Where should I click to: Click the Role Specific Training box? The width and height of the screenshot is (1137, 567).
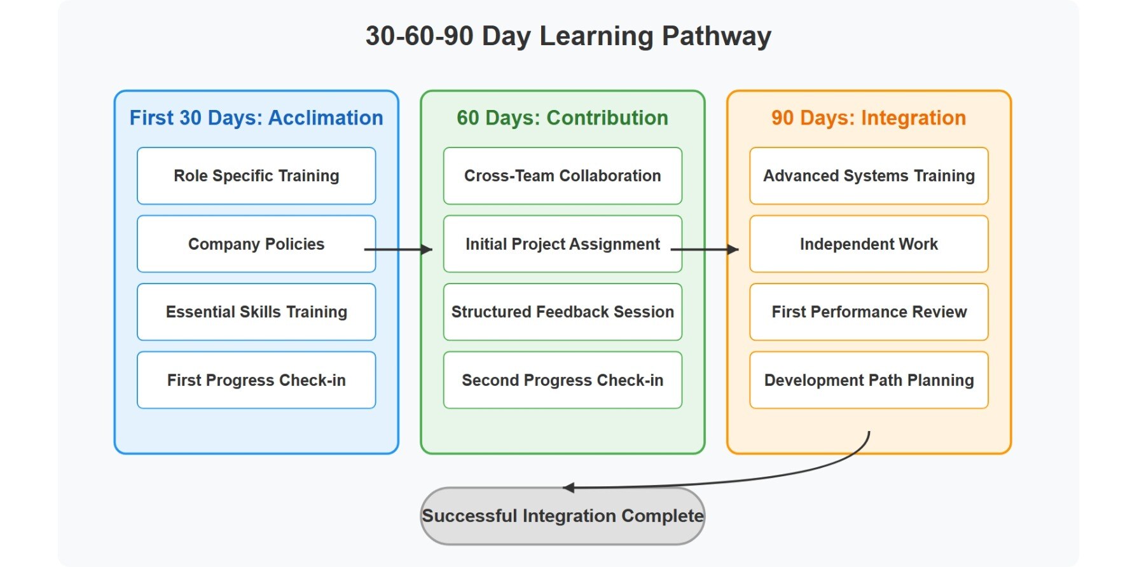click(x=256, y=176)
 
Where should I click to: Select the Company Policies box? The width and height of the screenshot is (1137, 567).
click(x=256, y=244)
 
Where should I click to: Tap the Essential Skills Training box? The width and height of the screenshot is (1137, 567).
click(x=256, y=312)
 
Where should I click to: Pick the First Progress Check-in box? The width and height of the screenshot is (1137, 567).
click(x=256, y=380)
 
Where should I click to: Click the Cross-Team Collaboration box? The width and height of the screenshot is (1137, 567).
click(x=562, y=176)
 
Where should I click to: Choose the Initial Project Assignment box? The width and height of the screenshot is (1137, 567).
click(x=562, y=244)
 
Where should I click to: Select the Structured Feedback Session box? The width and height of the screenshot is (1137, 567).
click(x=562, y=312)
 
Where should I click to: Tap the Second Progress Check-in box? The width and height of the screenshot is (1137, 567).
click(x=562, y=380)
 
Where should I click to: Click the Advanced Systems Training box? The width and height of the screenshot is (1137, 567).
click(x=869, y=176)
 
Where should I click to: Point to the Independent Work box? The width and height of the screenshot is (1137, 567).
click(x=869, y=244)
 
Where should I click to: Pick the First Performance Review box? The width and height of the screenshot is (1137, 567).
click(x=869, y=312)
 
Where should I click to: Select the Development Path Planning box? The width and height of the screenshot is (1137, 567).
click(x=869, y=380)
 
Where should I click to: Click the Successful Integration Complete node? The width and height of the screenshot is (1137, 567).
click(x=562, y=516)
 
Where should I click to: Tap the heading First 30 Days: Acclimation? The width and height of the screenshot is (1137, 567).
click(x=256, y=118)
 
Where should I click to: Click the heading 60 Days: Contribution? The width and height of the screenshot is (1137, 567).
click(x=562, y=118)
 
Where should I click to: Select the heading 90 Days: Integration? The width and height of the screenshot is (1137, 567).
click(x=869, y=118)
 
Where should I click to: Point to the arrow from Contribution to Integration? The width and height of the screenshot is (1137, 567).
click(x=705, y=250)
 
